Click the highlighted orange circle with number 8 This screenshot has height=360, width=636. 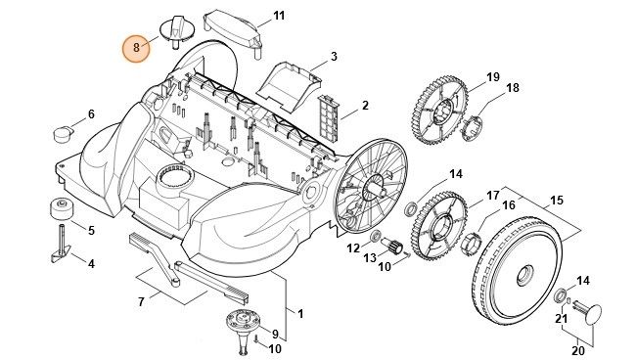[x=136, y=47]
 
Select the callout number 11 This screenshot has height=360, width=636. [x=279, y=17]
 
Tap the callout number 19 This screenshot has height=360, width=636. [x=492, y=76]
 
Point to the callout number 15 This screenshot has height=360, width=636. [x=556, y=200]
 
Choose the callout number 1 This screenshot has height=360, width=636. [x=299, y=314]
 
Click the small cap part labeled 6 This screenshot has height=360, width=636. [x=64, y=130]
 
